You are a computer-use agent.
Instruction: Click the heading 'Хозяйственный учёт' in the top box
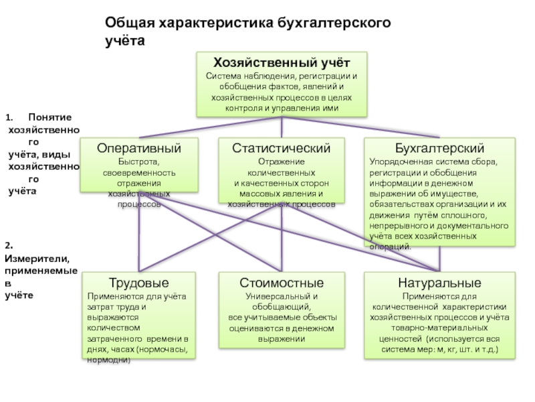pyautogui.click(x=282, y=63)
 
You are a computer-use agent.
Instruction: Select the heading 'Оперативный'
pyautogui.click(x=139, y=148)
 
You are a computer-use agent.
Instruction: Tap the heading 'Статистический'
pyautogui.click(x=282, y=148)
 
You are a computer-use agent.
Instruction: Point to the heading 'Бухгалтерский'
pyautogui.click(x=440, y=148)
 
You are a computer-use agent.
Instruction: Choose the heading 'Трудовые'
pyautogui.click(x=138, y=283)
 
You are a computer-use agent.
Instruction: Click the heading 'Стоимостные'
pyautogui.click(x=282, y=283)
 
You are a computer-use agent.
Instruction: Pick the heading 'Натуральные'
pyautogui.click(x=439, y=283)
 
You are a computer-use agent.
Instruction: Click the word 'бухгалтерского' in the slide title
pyautogui.click(x=334, y=23)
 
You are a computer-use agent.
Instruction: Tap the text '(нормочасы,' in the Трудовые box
pyautogui.click(x=163, y=350)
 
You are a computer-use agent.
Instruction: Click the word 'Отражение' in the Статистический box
pyautogui.click(x=282, y=162)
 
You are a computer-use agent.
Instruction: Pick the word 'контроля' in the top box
pyautogui.click(x=244, y=108)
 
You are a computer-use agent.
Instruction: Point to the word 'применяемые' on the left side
pyautogui.click(x=41, y=270)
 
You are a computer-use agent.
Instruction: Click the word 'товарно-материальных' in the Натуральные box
pyautogui.click(x=439, y=328)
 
